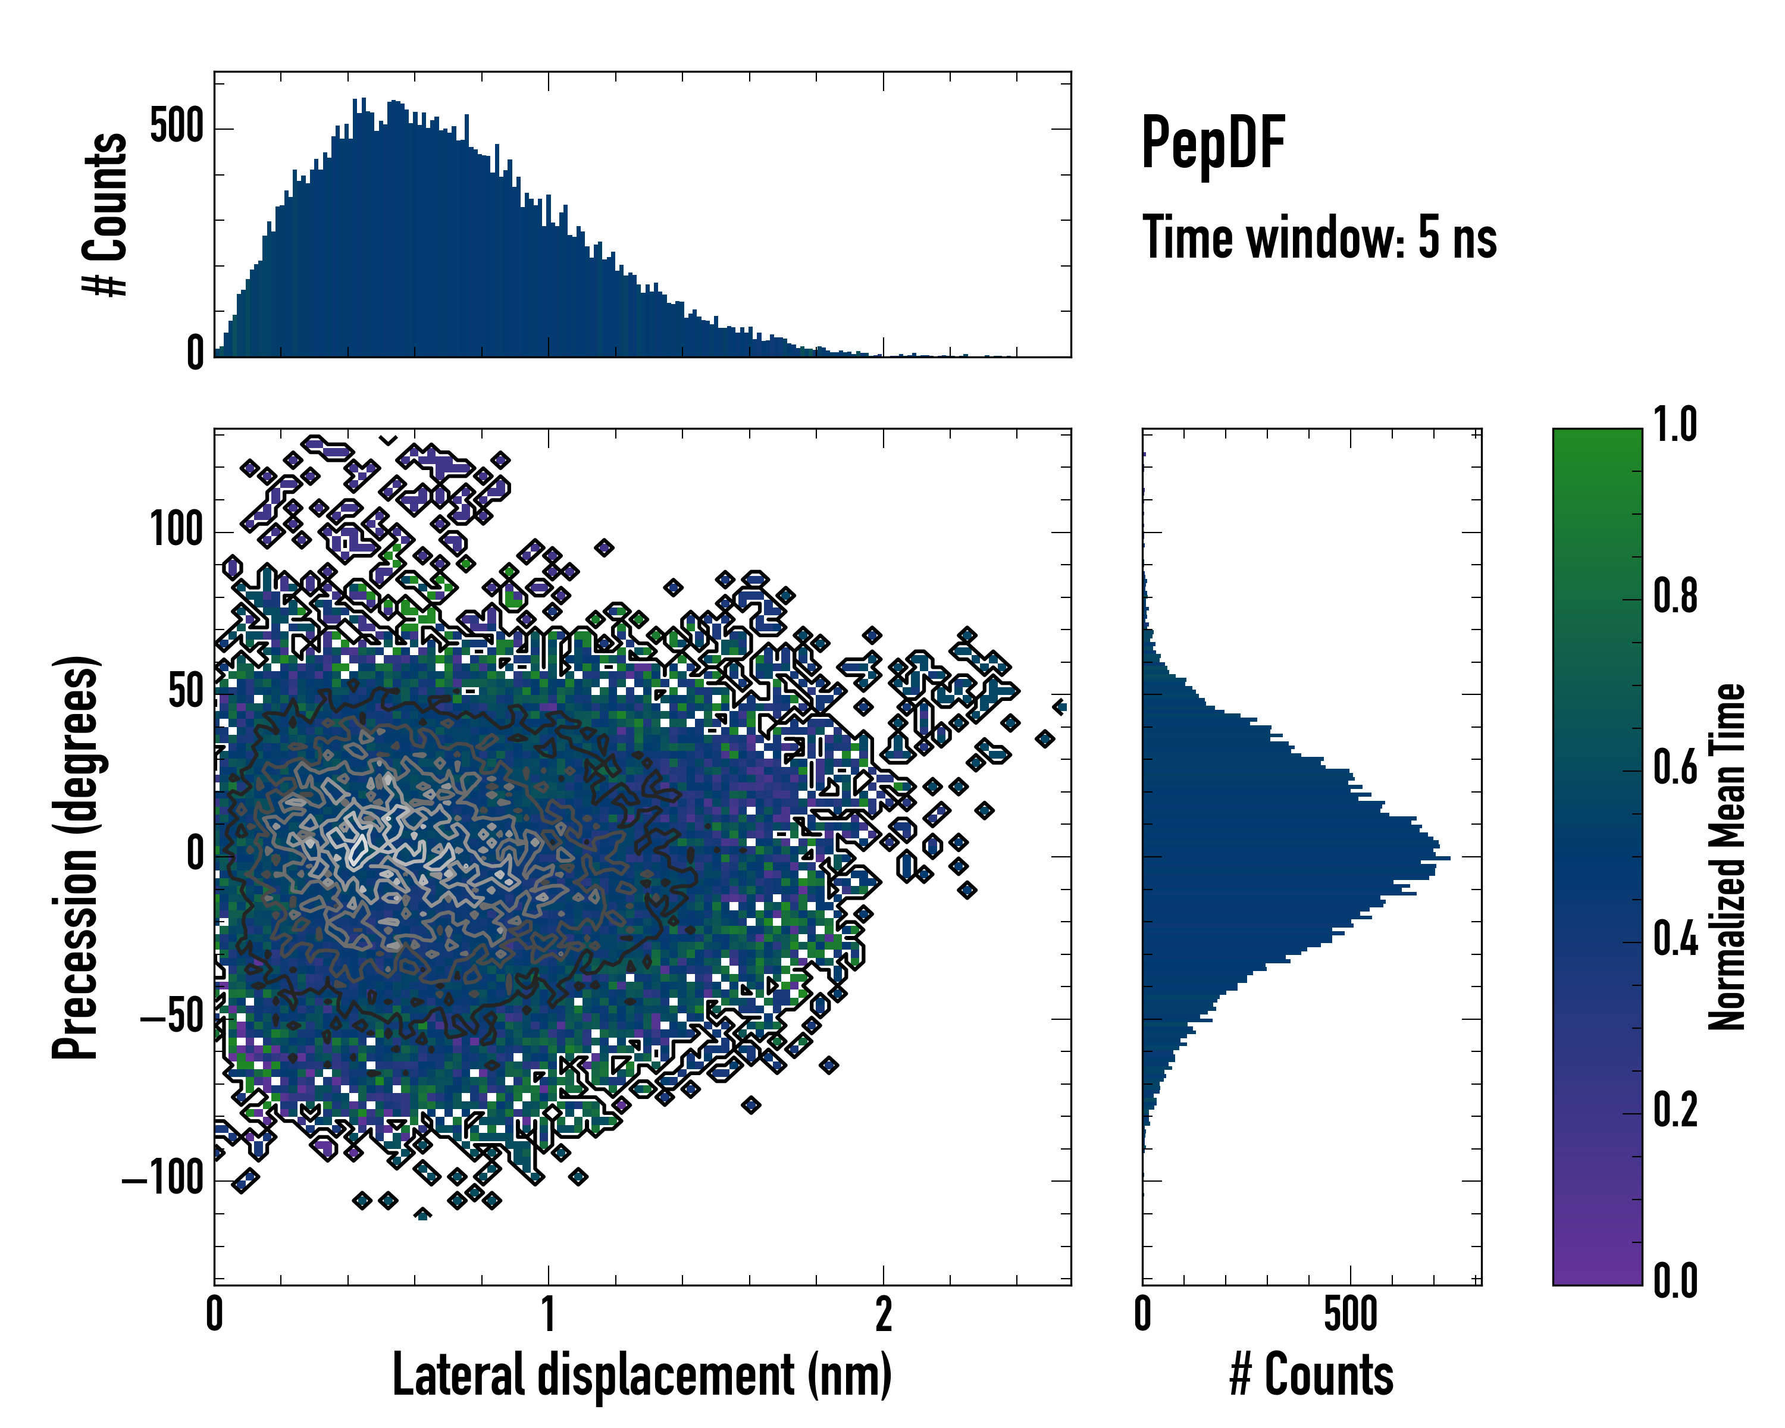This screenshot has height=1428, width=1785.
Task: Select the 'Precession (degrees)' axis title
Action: click(76, 857)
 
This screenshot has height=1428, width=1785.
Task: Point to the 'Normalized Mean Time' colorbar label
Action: click(1727, 857)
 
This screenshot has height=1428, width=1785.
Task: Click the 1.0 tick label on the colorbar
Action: click(1675, 425)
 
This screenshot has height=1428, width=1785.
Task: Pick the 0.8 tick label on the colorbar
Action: click(1675, 596)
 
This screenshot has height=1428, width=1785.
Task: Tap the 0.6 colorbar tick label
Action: click(1675, 768)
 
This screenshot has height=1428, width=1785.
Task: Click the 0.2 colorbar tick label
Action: click(1675, 1110)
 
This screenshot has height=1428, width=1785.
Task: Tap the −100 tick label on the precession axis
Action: click(162, 1179)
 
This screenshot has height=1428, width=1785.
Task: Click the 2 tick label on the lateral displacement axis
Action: click(884, 1314)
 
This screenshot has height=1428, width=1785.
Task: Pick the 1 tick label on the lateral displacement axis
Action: click(548, 1314)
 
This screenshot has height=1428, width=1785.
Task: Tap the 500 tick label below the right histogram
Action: click(1350, 1314)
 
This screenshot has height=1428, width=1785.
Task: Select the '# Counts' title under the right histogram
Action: click(1311, 1375)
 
